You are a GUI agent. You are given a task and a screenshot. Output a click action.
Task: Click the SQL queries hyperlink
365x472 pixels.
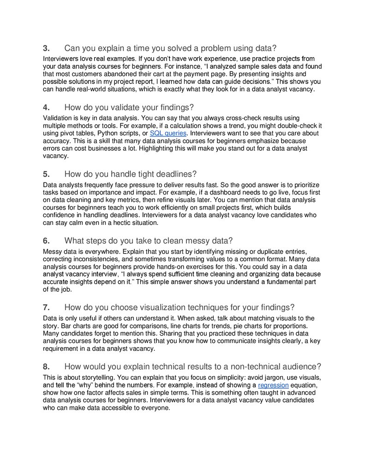[x=168, y=134]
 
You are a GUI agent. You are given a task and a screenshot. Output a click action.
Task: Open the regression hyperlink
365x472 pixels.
[x=273, y=385]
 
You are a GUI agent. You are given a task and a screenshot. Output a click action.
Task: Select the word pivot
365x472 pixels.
[x=71, y=134]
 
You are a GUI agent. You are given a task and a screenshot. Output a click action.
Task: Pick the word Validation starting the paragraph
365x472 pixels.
[x=58, y=118]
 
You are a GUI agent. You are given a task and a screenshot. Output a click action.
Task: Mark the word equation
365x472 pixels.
[x=305, y=385]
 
